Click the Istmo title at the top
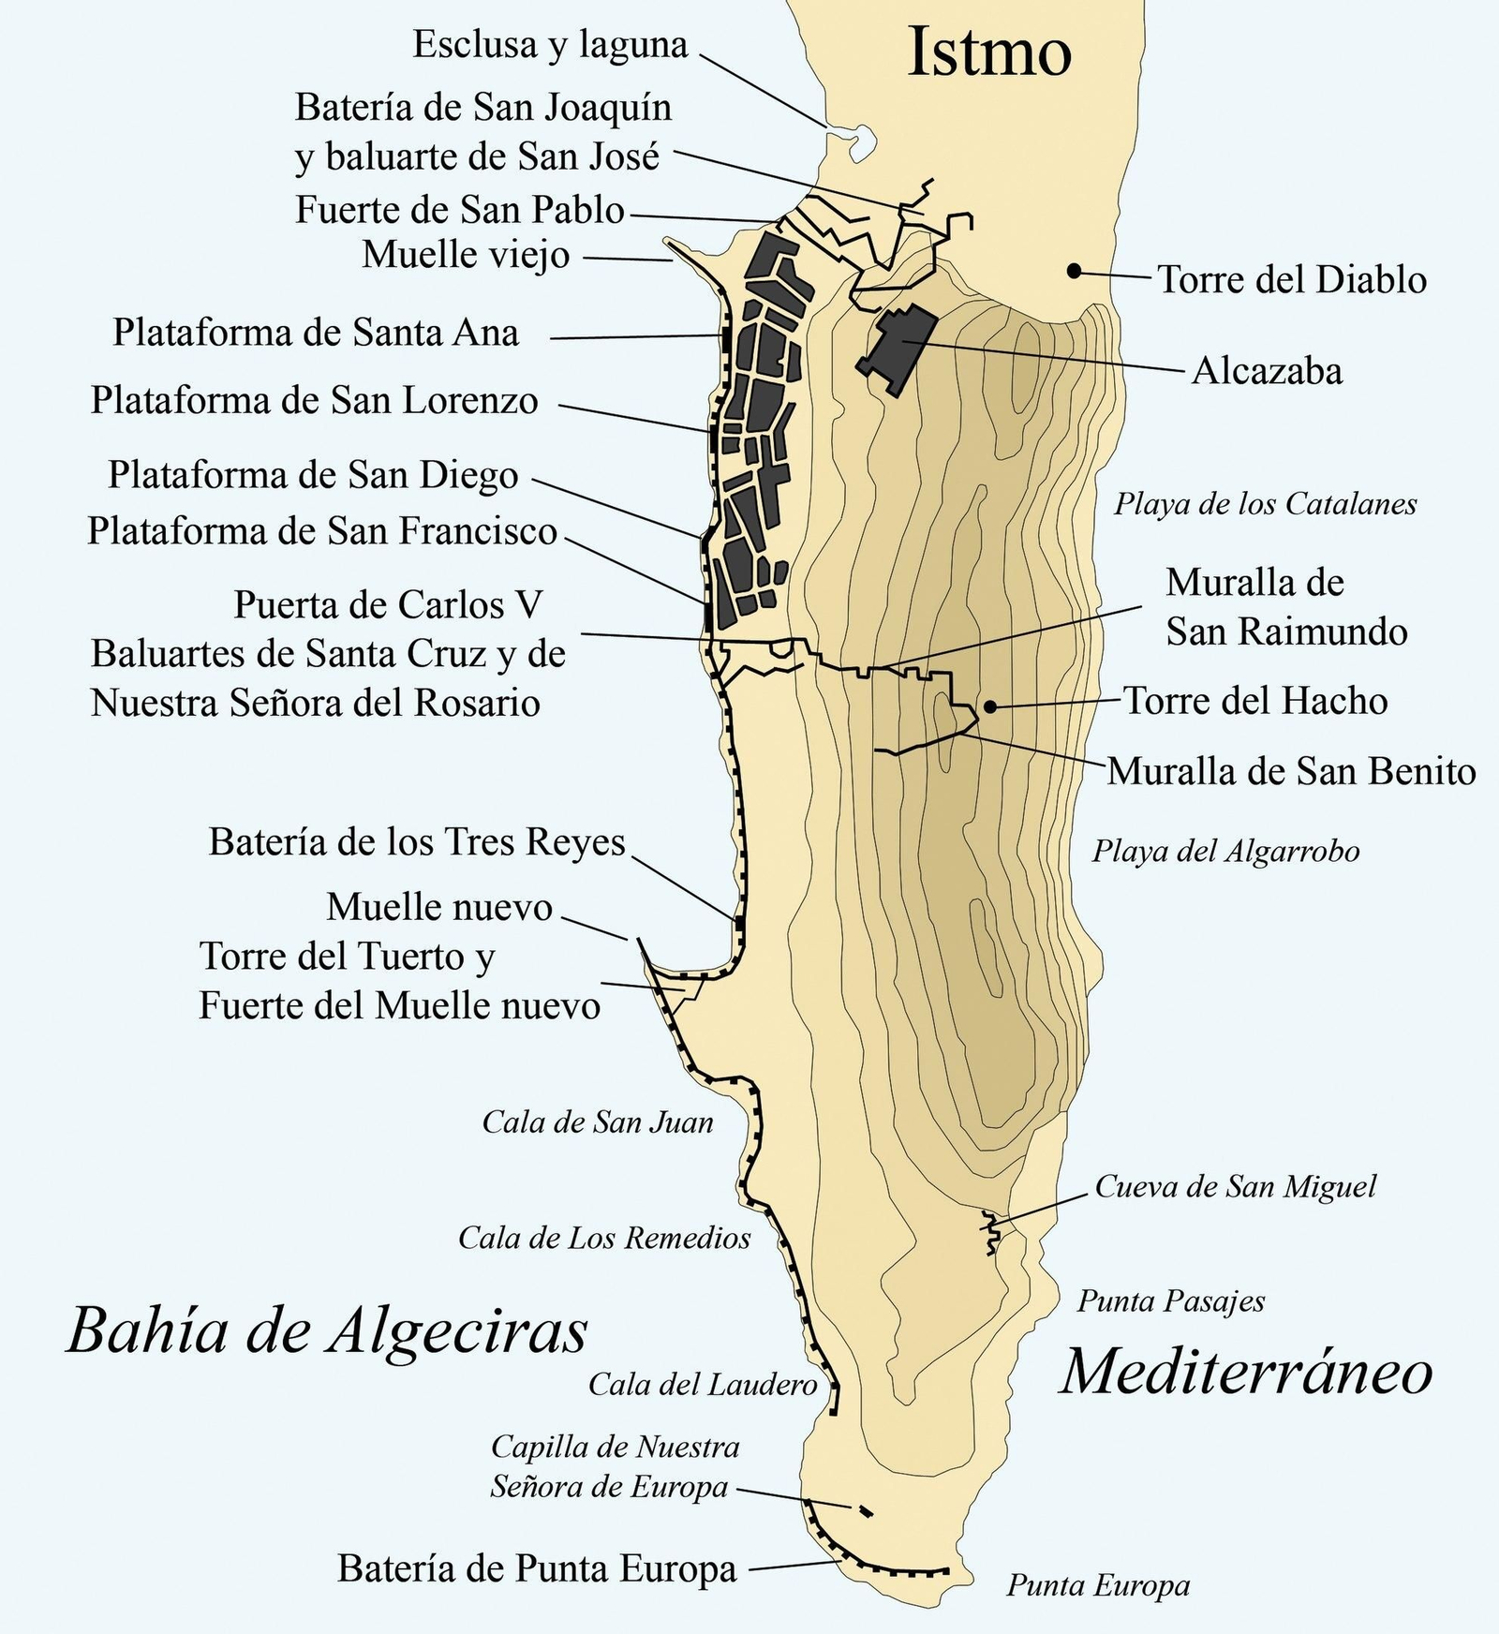[x=989, y=52]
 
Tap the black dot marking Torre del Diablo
[x=1075, y=271]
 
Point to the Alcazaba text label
[x=1267, y=371]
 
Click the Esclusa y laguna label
[x=550, y=44]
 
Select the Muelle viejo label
[x=466, y=254]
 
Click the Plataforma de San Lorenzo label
[x=314, y=400]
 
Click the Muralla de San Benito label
[x=1291, y=771]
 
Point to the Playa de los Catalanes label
[x=1265, y=504]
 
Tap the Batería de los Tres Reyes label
[x=417, y=841]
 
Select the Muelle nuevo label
[x=439, y=907]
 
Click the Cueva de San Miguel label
[x=1235, y=1187]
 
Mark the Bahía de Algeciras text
[x=327, y=1330]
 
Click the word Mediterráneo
[x=1246, y=1373]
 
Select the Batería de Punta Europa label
[x=537, y=1568]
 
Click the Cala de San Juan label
[x=598, y=1122]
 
